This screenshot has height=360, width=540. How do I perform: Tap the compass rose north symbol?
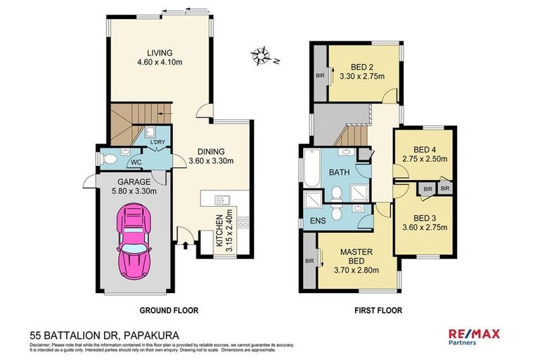[265, 56]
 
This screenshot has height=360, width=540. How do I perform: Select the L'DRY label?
[156, 143]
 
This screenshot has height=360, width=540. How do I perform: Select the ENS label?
[317, 221]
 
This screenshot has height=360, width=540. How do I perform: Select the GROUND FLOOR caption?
[169, 310]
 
